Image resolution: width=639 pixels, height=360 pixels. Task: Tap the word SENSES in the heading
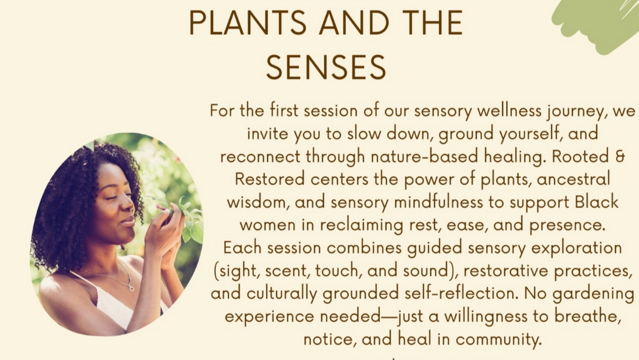[x=326, y=68]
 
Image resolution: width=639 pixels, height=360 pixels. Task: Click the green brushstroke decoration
[x=596, y=24]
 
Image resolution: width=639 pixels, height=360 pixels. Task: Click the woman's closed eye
[x=113, y=198]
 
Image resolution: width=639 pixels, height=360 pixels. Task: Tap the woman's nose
[x=129, y=206]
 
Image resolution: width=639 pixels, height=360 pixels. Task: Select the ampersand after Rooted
[x=619, y=157]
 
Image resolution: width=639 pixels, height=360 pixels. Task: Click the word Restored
[x=270, y=179]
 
